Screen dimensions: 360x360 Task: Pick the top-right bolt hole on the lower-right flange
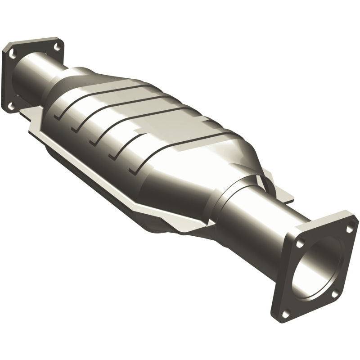pos(349,228)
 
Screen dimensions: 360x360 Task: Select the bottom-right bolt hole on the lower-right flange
pos(334,293)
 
